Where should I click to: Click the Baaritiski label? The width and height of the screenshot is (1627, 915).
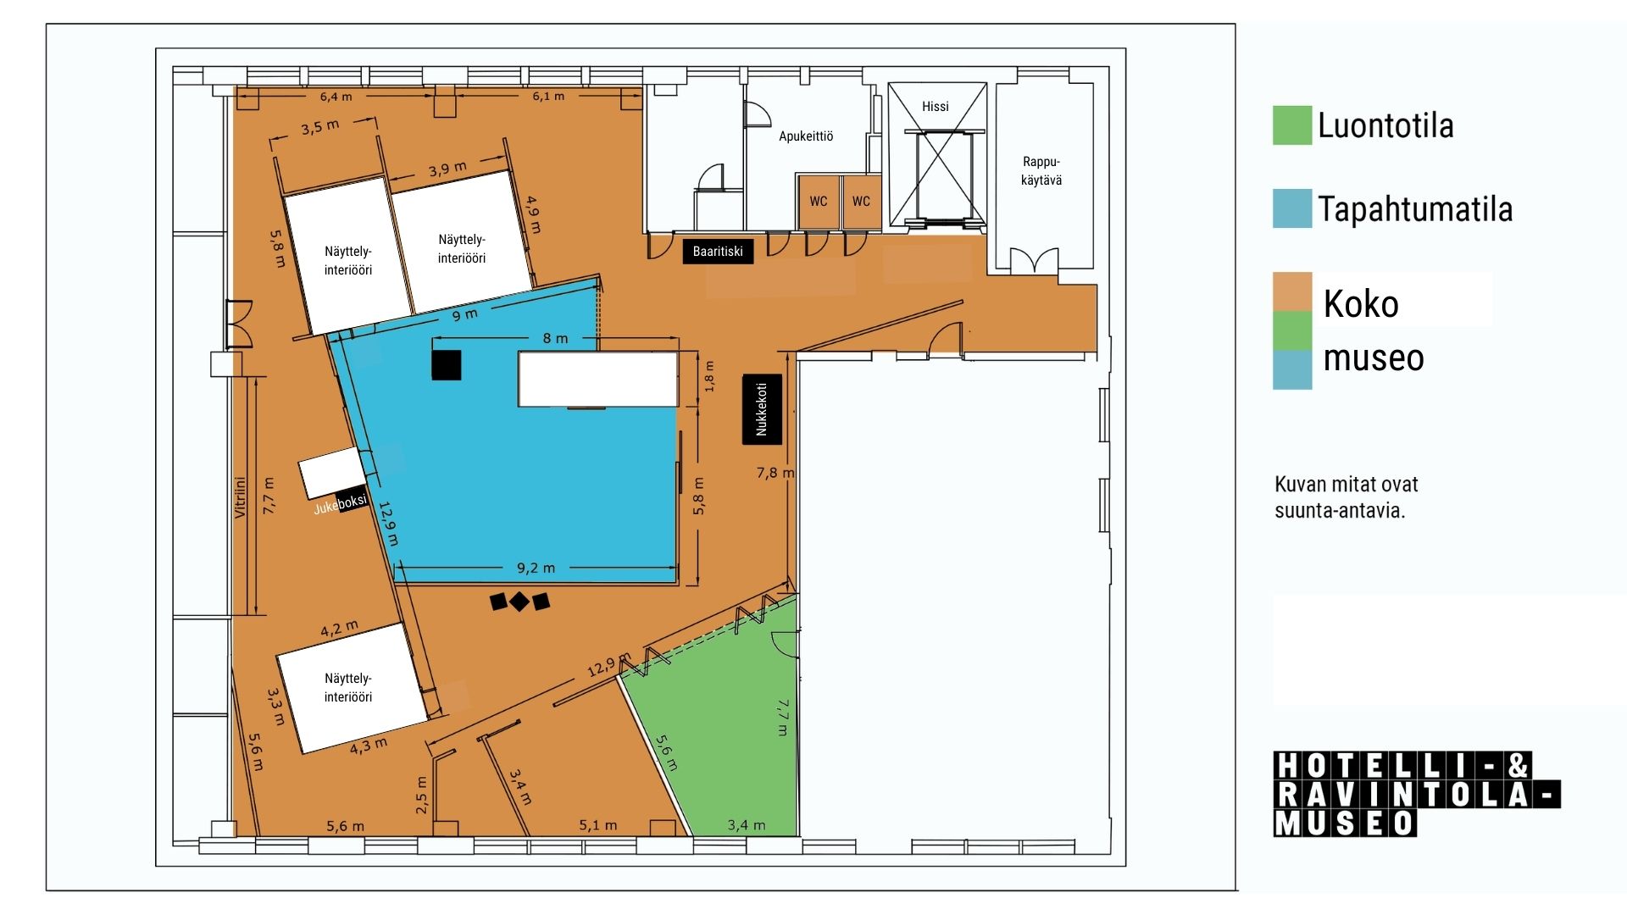pos(718,252)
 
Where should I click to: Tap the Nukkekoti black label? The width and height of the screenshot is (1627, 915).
pos(761,408)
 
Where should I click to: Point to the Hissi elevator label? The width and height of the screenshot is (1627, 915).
pos(936,106)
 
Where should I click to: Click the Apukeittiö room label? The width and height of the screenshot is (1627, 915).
pos(806,136)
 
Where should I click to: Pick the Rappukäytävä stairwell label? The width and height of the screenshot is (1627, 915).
pos(1041,170)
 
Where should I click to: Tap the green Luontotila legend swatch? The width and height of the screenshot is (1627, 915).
pos(1292,125)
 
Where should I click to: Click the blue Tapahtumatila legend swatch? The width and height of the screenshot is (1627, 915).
pos(1292,208)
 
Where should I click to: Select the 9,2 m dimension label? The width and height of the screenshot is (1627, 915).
pos(536,568)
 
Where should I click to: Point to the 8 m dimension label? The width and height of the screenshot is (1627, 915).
pos(555,338)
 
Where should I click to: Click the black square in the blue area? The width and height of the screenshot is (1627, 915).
pos(447,365)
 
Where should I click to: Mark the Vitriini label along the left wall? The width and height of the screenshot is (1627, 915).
pos(240,497)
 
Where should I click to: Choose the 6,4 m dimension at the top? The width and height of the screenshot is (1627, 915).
pos(336,97)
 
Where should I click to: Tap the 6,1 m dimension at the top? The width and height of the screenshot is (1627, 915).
pos(548,96)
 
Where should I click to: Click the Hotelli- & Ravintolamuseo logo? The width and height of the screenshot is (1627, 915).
pos(1417,794)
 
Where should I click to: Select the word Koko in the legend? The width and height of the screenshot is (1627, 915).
pos(1361,303)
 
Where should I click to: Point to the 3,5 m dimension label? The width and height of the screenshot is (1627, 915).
pos(320,128)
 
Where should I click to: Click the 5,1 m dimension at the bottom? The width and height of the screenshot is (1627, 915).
pos(598,824)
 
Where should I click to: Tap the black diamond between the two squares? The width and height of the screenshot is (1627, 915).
pos(519,602)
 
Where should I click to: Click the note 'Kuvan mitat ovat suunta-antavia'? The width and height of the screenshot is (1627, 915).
pos(1346,497)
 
